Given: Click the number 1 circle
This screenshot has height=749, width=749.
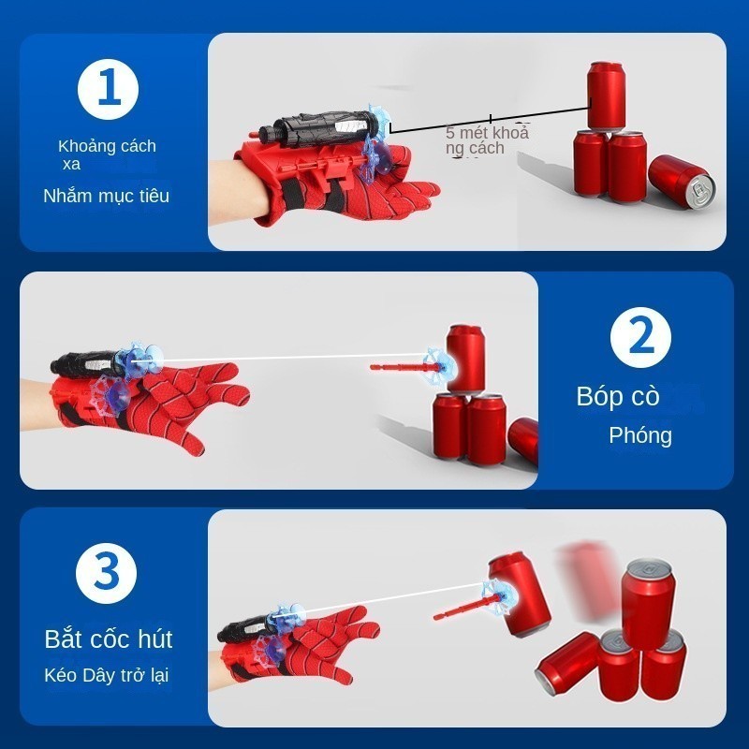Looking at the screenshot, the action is click(108, 89).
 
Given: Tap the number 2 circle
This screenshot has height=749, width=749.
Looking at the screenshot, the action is click(640, 337).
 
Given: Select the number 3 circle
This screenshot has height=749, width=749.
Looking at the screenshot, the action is click(106, 573).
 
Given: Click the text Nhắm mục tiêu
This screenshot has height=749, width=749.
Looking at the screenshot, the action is click(106, 196).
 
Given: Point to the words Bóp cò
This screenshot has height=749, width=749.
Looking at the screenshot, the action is click(618, 396).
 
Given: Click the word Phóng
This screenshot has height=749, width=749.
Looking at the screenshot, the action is click(640, 435).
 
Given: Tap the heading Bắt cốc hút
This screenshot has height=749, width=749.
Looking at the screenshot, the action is click(109, 639).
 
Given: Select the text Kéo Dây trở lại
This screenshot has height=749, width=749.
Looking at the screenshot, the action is click(106, 675).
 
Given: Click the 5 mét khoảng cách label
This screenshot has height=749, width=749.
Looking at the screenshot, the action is click(487, 140).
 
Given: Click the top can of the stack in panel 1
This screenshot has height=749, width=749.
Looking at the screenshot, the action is click(606, 96).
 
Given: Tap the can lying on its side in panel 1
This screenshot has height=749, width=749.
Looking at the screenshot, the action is click(683, 182).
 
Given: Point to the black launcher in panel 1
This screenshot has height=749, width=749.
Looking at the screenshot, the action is click(317, 128).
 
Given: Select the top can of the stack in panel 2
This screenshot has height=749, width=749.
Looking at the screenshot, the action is click(464, 359).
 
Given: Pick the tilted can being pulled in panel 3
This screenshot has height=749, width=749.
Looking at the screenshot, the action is click(519, 595).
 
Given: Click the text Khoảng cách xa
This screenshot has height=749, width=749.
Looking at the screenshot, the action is click(107, 154).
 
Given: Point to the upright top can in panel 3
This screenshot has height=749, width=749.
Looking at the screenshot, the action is click(648, 604).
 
